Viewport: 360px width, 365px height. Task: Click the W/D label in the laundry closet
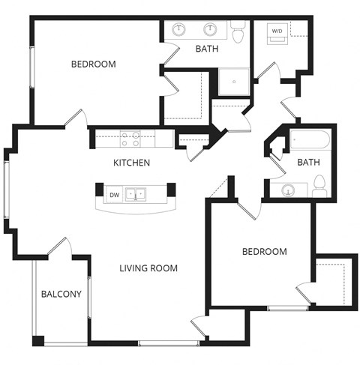[277, 31]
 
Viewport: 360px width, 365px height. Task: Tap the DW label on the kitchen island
[115, 195]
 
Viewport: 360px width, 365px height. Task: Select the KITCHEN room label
[132, 163]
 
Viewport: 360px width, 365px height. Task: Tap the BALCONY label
[61, 294]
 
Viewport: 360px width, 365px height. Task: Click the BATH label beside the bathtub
[308, 162]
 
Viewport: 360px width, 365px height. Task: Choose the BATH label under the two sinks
[206, 49]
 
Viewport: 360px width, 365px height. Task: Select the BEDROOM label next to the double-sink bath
[94, 64]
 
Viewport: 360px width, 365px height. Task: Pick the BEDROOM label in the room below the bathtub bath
[264, 252]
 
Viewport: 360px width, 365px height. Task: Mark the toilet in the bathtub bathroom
[319, 185]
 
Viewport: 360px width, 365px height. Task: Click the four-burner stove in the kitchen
[130, 138]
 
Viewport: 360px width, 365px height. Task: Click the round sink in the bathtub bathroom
[289, 189]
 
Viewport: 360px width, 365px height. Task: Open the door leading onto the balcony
[61, 247]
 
